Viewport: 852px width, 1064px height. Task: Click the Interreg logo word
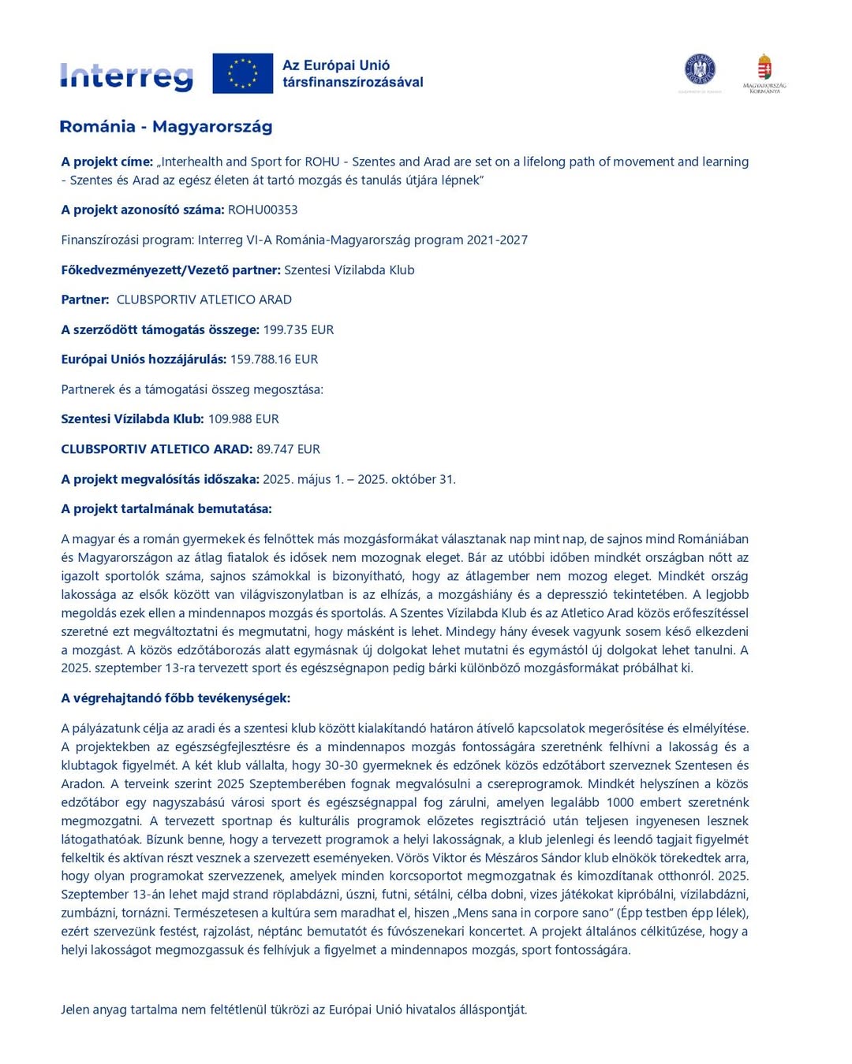tap(126, 76)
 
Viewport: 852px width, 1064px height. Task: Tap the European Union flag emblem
tap(243, 73)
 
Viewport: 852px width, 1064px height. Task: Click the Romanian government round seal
tap(700, 69)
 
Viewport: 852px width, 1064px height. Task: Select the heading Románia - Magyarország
tap(166, 127)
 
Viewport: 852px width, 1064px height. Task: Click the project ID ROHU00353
tap(263, 210)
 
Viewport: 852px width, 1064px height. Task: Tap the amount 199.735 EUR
tap(298, 329)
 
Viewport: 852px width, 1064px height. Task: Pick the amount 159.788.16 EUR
tap(274, 359)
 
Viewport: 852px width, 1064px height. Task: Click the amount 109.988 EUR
tap(243, 419)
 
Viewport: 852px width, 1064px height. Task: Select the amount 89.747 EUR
tap(288, 449)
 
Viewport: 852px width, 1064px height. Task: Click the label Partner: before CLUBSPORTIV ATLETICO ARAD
tap(85, 299)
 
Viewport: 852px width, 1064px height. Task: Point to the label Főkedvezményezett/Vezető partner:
tap(170, 270)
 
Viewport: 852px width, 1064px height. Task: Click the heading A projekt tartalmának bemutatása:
tap(166, 509)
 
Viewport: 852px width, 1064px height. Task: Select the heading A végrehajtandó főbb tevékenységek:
tap(176, 698)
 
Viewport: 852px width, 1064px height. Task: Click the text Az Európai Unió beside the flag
tap(336, 65)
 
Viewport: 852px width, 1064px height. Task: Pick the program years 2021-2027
tap(497, 240)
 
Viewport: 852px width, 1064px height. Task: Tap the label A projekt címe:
tap(107, 162)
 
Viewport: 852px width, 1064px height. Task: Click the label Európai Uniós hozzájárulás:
tap(144, 359)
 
